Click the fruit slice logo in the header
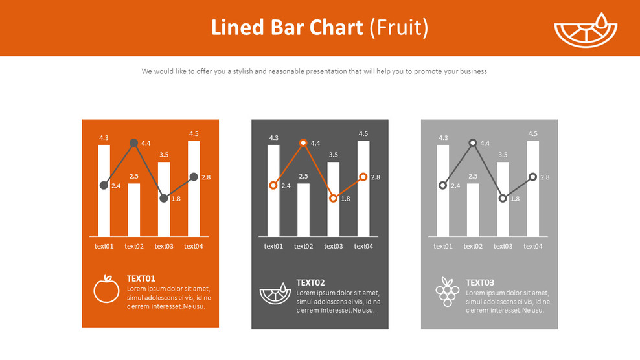coord(586,30)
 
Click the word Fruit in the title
coord(398,28)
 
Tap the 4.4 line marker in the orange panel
coord(133,143)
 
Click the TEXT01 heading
coord(141,278)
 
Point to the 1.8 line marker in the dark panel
coord(333,198)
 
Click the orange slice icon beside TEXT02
coord(276,293)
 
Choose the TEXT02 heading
coord(310,282)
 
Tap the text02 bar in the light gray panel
coord(473,210)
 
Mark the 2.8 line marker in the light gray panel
coord(532,177)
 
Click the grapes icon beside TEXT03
coord(447,291)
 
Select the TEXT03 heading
coord(480,282)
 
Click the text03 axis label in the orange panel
coord(163,246)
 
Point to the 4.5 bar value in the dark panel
coord(363,134)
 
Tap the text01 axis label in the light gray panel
coord(443,246)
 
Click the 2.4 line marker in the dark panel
coord(273,185)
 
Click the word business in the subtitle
coord(464,71)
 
